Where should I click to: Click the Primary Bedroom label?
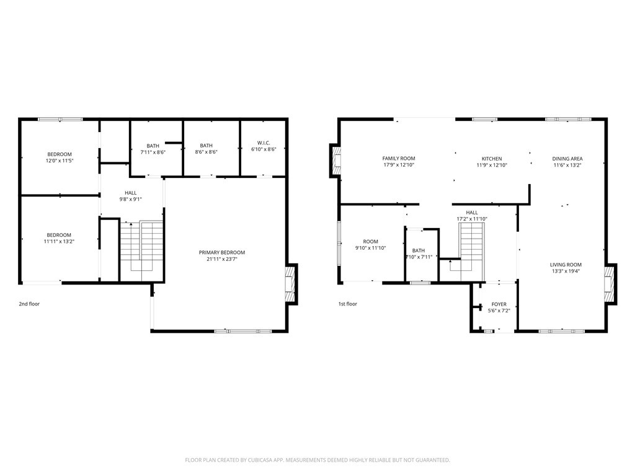point(222,253)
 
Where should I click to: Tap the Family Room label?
point(399,159)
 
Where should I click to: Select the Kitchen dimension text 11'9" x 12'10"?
point(492,165)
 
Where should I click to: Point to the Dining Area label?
point(567,159)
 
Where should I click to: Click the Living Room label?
point(566,265)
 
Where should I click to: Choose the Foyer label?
point(499,304)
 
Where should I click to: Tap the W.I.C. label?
point(264,143)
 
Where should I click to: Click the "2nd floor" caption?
point(29,304)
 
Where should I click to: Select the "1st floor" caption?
point(348,304)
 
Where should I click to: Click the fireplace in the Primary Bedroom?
point(290,284)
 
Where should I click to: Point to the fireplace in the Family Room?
point(335,161)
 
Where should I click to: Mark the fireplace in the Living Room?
point(610,284)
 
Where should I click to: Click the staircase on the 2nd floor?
point(142,251)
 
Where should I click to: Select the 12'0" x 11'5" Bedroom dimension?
point(60,161)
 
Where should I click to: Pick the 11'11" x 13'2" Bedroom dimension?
point(59,242)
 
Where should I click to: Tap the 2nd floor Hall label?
point(130,193)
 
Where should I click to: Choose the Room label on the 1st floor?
point(371,242)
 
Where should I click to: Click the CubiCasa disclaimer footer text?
point(317,461)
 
